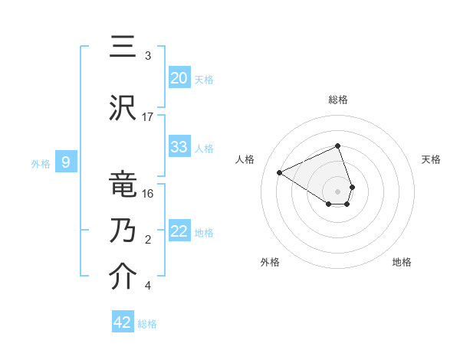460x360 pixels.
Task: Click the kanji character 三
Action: [124, 47]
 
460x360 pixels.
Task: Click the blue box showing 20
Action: [179, 78]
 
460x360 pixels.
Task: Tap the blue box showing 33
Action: [179, 147]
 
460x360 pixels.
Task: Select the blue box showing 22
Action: [179, 231]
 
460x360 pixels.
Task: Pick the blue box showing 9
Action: [66, 162]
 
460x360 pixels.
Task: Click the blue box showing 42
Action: [123, 322]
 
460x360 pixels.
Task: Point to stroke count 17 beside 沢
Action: [148, 116]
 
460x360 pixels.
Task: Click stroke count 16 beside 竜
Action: [148, 193]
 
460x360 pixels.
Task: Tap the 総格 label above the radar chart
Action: [338, 100]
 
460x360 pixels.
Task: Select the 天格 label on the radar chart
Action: [431, 159]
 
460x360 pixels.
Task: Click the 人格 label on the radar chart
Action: [245, 159]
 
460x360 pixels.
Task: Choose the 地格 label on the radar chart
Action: [402, 262]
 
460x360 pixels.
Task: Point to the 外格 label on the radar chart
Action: [270, 262]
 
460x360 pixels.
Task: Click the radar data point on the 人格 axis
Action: [280, 172]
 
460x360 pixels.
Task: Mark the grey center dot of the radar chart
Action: [338, 190]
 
